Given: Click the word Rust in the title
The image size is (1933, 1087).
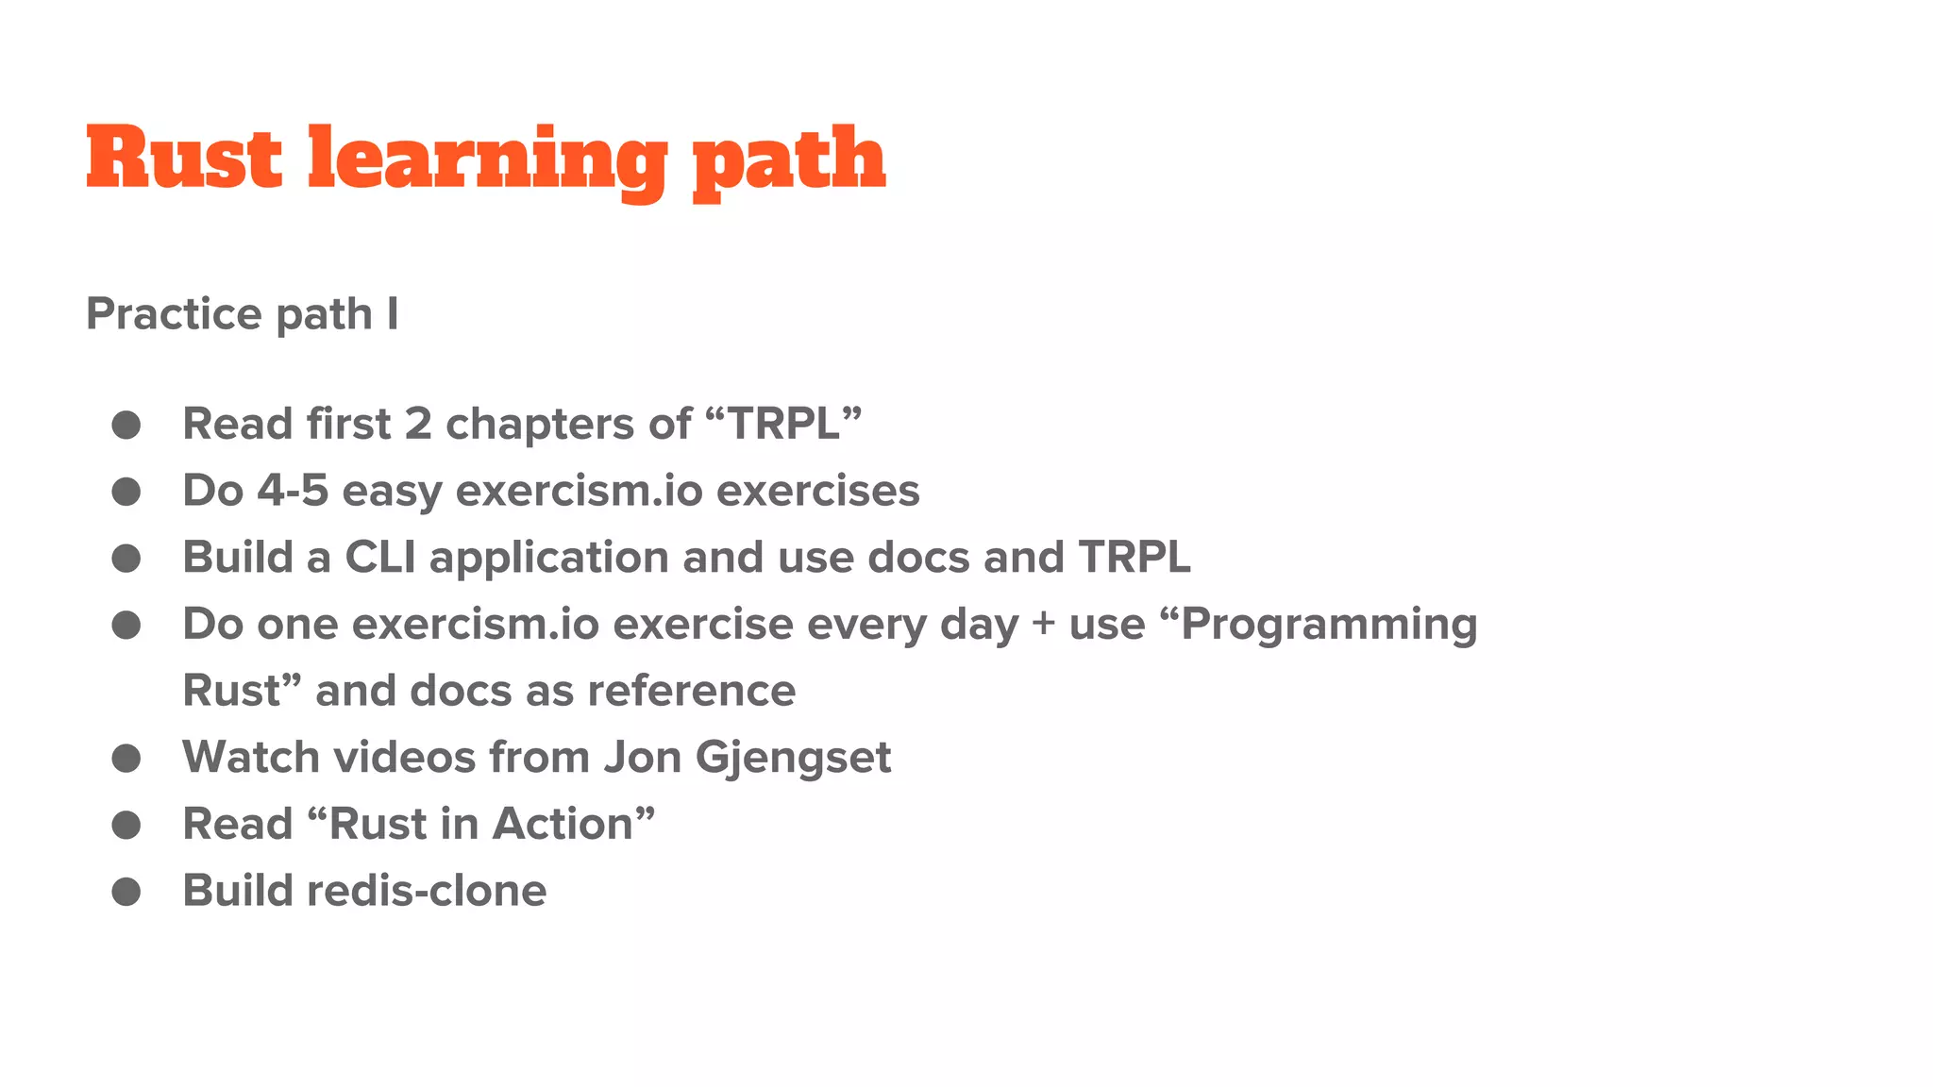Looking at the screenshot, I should point(184,159).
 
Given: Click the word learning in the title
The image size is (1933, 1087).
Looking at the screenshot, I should point(487,160).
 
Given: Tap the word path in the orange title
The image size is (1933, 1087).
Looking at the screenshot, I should point(789,160).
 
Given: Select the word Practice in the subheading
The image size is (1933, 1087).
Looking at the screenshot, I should point(173,313).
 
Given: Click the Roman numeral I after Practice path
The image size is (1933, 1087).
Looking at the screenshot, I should point(392,313).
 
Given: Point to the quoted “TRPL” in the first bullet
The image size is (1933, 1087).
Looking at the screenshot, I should point(783,424).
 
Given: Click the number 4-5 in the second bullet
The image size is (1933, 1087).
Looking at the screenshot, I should point(293,491).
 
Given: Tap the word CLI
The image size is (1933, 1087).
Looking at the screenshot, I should point(380,557).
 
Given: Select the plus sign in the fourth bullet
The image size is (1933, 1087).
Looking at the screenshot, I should point(1043,625).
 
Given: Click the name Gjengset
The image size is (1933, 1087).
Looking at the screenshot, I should point(793,758).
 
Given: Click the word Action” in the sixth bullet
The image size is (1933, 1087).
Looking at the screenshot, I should point(574,824).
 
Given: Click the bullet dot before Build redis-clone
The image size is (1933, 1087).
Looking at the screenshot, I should point(126,892).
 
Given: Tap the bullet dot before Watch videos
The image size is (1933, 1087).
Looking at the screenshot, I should point(126,758).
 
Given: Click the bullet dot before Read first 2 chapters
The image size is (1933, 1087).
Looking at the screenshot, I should point(126,425).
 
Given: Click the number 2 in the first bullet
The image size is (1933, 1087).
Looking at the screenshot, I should point(418,424).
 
